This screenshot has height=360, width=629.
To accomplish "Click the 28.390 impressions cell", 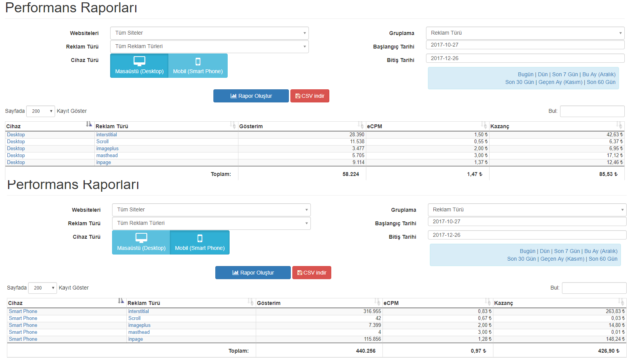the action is (357, 135).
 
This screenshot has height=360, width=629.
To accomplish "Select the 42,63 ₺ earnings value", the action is (615, 135).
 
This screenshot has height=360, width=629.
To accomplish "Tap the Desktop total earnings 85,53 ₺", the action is (608, 174).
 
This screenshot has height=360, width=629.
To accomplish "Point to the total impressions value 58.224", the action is (351, 174).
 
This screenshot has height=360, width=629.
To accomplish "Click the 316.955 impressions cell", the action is (372, 311).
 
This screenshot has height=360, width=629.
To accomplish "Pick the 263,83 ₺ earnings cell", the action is (616, 311).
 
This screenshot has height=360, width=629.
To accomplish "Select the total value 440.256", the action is (366, 351).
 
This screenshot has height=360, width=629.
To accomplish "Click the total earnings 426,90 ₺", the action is (609, 351).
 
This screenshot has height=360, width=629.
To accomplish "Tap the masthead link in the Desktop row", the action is (107, 156).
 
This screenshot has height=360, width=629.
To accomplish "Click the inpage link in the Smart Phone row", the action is (136, 339).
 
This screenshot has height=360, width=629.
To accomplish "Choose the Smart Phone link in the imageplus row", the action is (23, 325).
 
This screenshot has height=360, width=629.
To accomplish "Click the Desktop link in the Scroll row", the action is (16, 142).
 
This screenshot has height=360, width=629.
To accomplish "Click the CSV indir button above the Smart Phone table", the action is (312, 273).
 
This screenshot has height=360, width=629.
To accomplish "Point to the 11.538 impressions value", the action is (357, 142).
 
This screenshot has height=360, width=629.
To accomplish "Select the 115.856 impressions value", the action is (372, 339).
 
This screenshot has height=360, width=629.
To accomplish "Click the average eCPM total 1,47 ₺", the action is (475, 174).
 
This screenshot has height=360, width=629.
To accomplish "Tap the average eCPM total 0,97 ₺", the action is (478, 351).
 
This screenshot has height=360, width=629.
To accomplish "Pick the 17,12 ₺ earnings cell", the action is (615, 156).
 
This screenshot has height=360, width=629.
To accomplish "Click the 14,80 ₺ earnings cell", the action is (617, 325).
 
